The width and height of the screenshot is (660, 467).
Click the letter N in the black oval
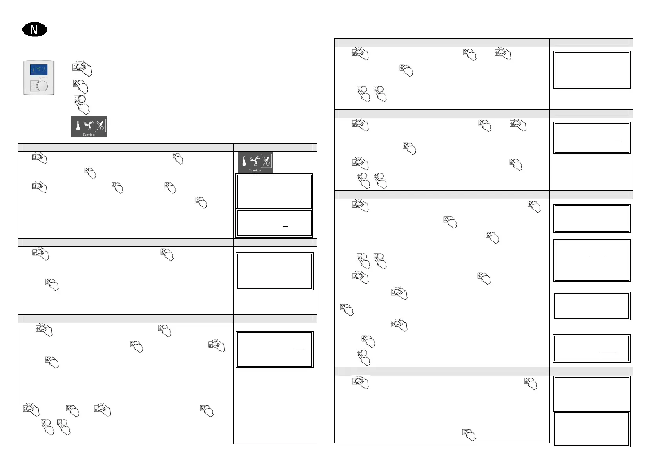(34, 30)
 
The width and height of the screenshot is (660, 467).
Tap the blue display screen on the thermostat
(39, 70)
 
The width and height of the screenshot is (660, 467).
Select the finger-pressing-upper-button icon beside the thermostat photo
(81, 86)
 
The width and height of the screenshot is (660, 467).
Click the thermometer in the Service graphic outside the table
(78, 126)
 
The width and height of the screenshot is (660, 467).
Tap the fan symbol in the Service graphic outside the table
(89, 125)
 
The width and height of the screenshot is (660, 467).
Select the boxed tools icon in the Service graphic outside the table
(101, 125)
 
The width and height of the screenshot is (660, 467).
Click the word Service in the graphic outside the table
(89, 135)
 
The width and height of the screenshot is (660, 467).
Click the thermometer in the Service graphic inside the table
(244, 161)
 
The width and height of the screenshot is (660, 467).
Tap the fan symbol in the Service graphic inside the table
(255, 161)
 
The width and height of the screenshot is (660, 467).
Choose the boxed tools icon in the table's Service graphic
(266, 161)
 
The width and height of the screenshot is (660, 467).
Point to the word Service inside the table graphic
(255, 170)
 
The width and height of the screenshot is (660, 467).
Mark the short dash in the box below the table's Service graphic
(285, 227)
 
